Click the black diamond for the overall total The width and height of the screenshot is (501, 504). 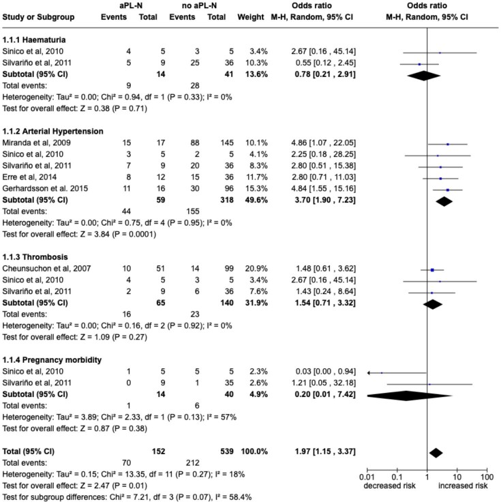[436, 453]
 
